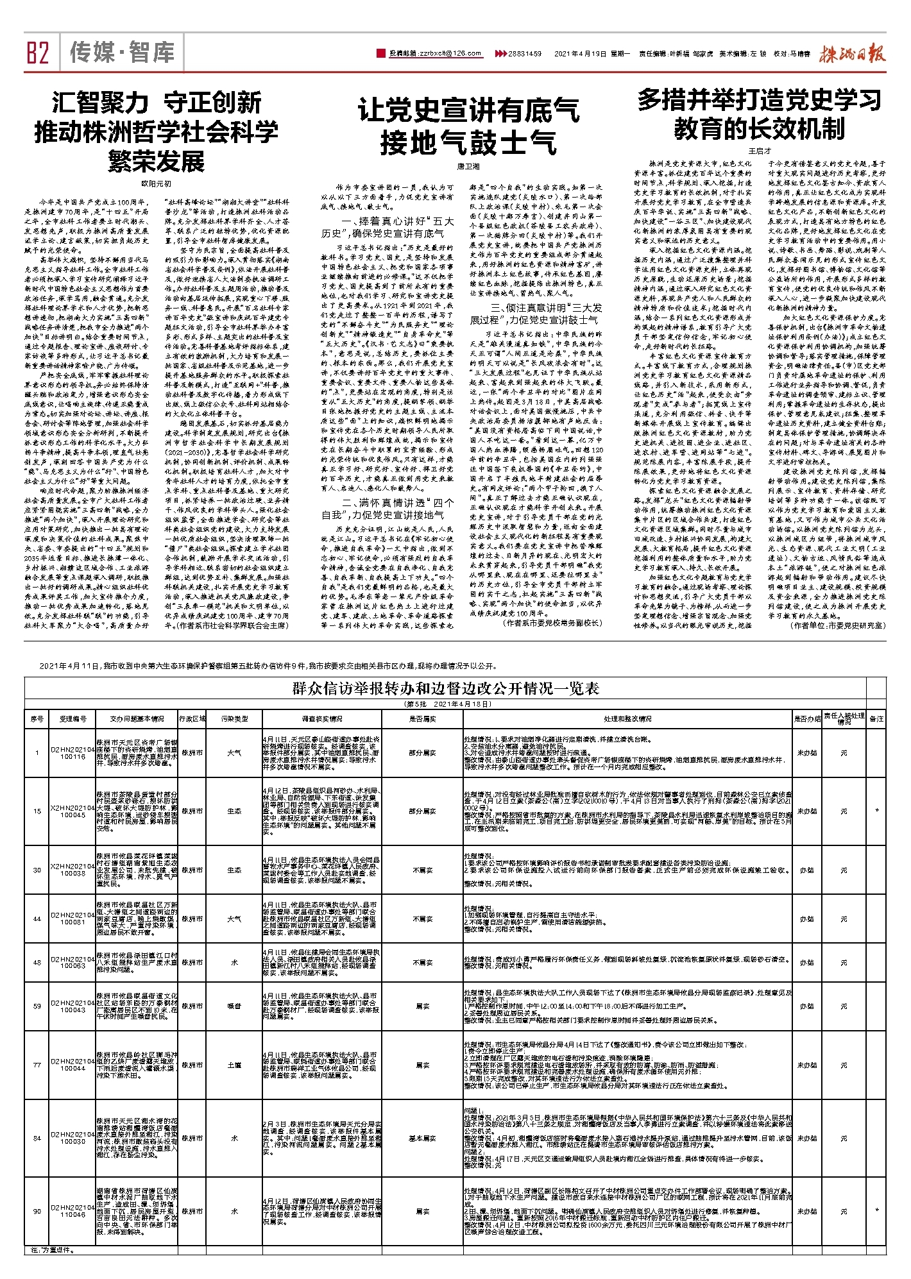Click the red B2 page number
pos(38,52)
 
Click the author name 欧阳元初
pos(157,183)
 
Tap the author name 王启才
pos(760,151)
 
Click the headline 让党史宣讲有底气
pos(468,110)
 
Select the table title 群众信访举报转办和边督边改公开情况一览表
pos(445,689)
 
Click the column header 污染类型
pos(234,719)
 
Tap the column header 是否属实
pos(422,719)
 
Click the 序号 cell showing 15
pos(37,811)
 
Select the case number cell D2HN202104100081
pos(72,919)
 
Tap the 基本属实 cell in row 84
pos(422,1138)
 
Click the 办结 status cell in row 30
pos(806,870)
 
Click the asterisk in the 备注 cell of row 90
pos(876,1212)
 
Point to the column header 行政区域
pos(192,719)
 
